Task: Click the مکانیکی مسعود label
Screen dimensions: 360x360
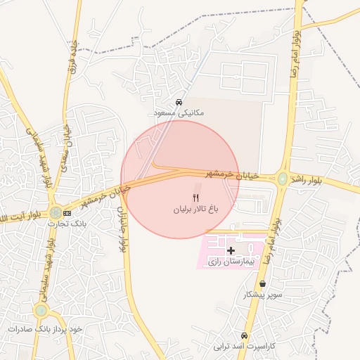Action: click(x=179, y=112)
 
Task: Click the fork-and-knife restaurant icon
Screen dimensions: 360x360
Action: click(x=196, y=198)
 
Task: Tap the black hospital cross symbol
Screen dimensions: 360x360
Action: click(x=231, y=250)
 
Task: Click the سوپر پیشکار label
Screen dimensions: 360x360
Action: click(x=262, y=295)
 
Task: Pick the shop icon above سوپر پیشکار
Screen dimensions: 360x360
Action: click(x=262, y=284)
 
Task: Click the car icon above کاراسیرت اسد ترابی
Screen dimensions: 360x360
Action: click(x=244, y=336)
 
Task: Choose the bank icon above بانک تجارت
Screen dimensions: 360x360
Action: click(x=67, y=212)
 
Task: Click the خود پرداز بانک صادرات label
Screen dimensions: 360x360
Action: click(x=46, y=328)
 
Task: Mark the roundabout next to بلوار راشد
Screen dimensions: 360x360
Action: click(x=283, y=179)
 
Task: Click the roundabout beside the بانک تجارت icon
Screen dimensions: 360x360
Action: click(x=55, y=212)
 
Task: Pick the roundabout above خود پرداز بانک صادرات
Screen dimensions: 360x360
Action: click(x=42, y=309)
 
